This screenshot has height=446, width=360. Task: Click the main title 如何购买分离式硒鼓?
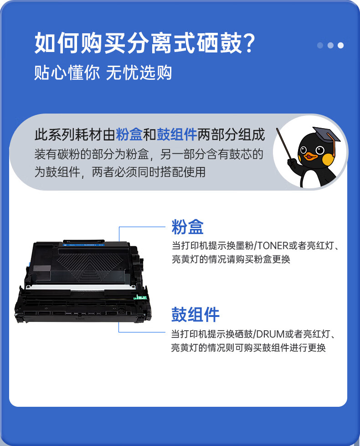coord(145,43)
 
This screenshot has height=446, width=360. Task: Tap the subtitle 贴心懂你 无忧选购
coord(103,72)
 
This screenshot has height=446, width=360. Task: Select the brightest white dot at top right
coord(340,45)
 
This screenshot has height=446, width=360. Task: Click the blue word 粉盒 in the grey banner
coord(129,134)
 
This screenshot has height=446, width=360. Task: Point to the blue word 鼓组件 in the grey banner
coord(177,134)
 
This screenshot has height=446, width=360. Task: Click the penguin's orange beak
coord(310,156)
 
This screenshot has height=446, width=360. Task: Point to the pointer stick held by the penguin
coord(285,145)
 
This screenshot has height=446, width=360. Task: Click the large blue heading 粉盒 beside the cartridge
coord(188,227)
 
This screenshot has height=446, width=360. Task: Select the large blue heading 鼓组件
coord(195,314)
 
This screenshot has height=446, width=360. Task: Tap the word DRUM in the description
coord(270,334)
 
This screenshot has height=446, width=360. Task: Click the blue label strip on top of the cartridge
coord(84,244)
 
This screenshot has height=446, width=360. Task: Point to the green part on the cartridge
coord(140,297)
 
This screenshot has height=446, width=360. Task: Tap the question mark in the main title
coord(250,43)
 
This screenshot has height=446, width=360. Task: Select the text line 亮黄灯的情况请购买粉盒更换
coord(231,259)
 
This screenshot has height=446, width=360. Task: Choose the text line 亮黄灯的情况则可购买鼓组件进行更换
coord(248,347)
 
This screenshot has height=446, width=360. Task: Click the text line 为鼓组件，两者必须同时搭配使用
coord(120,172)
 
